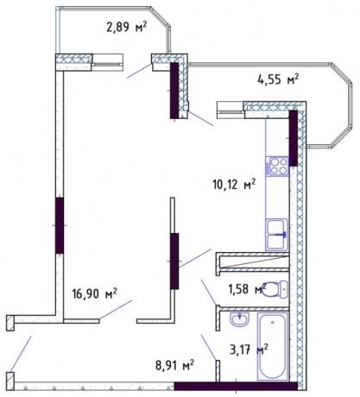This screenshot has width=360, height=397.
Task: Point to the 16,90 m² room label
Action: pos(95,294)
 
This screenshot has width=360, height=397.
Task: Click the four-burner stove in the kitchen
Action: pos(279,164)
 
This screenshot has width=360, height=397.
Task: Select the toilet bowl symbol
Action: pos(272,289)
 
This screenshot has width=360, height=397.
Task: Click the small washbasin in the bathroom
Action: pos(239,320)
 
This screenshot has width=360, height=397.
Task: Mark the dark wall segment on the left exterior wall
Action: pos(60,224)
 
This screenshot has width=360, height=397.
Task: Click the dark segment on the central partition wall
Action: pos(175,262)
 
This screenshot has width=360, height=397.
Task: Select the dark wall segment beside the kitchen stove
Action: pos(294,138)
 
